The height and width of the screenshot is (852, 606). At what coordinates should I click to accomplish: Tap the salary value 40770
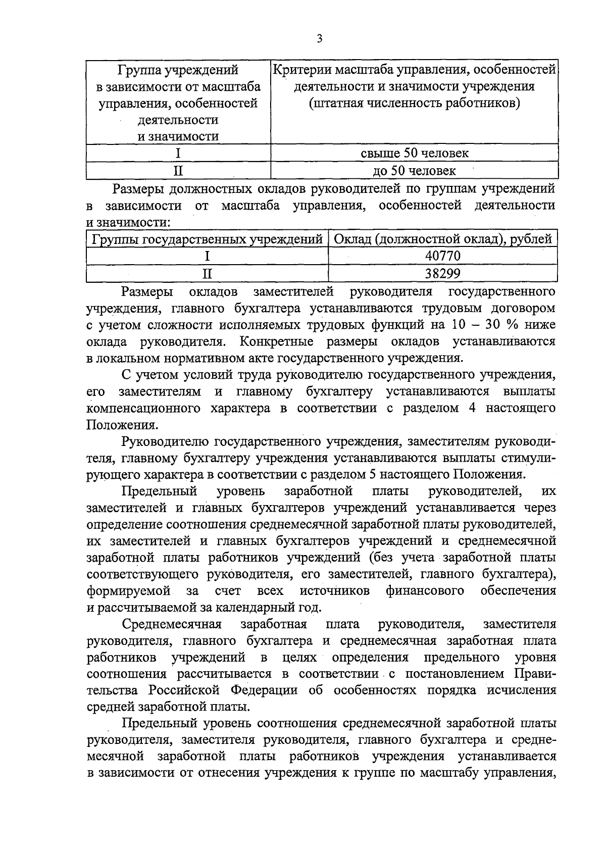443,256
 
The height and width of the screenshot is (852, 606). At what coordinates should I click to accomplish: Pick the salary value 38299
443,274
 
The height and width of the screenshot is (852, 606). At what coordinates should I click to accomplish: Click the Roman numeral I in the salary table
207,256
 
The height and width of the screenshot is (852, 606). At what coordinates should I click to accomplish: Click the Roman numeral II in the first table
178,171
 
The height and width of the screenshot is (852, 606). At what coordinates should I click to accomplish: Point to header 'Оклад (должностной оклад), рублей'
443,239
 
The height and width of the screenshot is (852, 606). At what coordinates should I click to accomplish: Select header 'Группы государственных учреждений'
207,239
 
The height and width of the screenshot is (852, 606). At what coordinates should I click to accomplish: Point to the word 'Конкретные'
276,341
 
